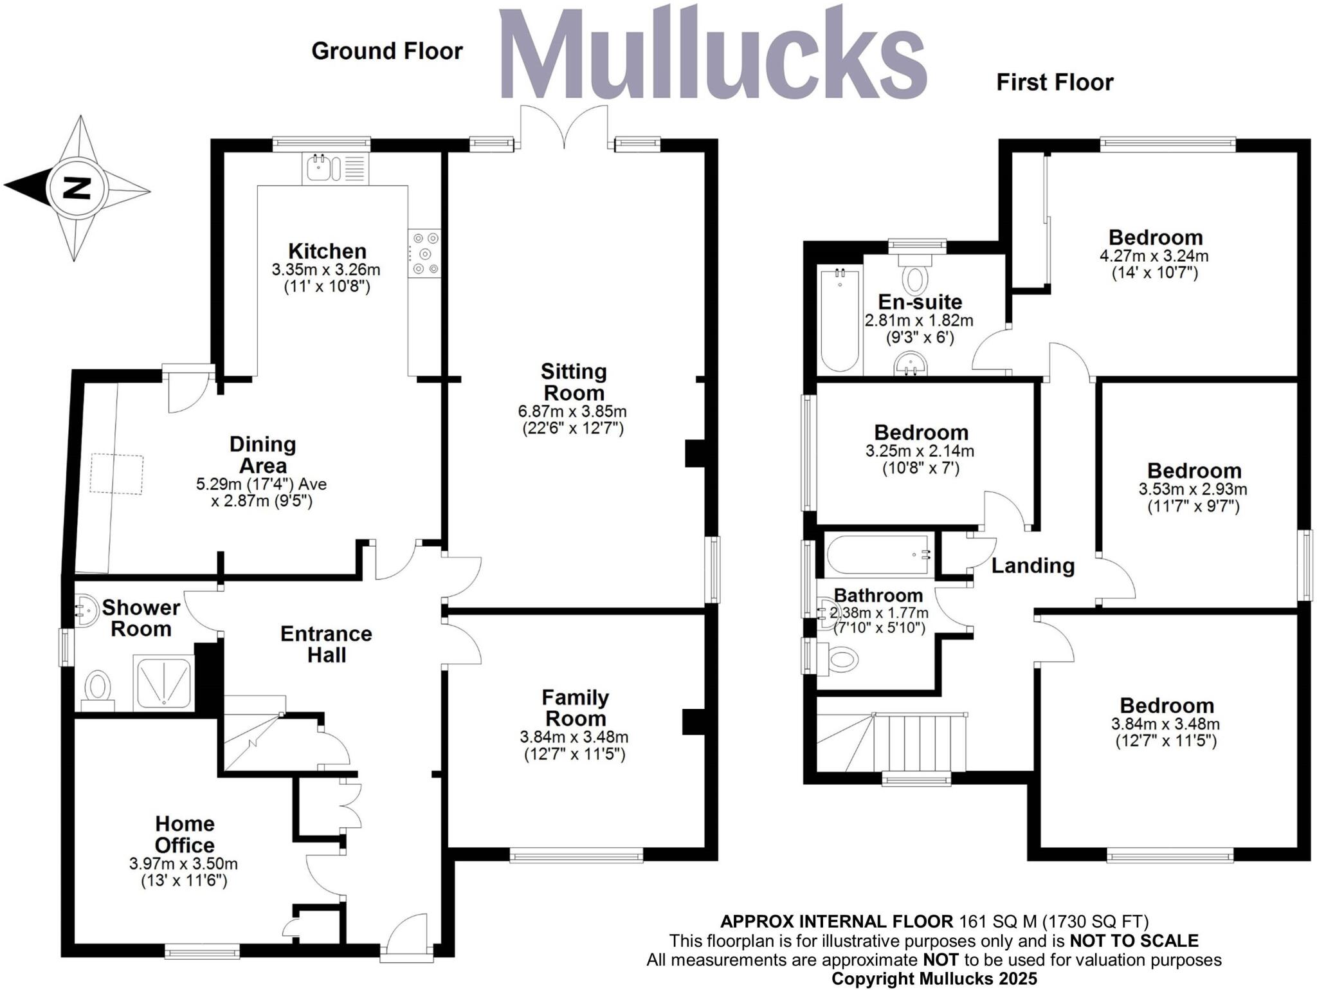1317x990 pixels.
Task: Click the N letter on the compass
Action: click(x=77, y=188)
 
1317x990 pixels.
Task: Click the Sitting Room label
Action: click(x=573, y=382)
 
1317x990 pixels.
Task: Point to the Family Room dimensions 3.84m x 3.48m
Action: click(x=574, y=737)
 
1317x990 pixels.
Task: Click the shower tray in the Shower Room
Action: click(x=163, y=683)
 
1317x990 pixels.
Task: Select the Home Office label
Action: click(x=185, y=834)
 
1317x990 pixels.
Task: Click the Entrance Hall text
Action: click(x=326, y=644)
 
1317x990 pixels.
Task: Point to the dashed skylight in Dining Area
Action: click(x=116, y=473)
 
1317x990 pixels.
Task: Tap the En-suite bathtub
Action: click(x=839, y=320)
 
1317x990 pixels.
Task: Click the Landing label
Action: click(x=1033, y=565)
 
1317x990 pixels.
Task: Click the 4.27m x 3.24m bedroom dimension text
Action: click(x=1154, y=255)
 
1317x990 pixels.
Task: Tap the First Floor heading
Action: click(x=1055, y=82)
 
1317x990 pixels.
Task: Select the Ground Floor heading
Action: click(x=387, y=51)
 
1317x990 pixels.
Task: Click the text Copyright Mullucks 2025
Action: click(x=934, y=978)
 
